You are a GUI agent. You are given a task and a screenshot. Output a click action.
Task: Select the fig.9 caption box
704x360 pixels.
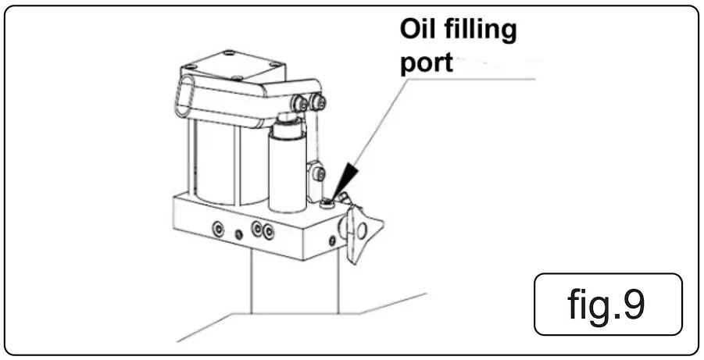tap(608, 305)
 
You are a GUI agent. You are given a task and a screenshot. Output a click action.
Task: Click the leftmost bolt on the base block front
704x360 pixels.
tap(216, 228)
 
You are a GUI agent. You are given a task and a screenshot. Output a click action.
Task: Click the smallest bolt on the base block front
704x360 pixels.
tap(238, 232)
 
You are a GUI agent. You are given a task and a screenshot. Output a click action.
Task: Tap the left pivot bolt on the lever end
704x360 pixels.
tap(300, 104)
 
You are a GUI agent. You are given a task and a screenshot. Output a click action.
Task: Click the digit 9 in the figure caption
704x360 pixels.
tap(633, 305)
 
